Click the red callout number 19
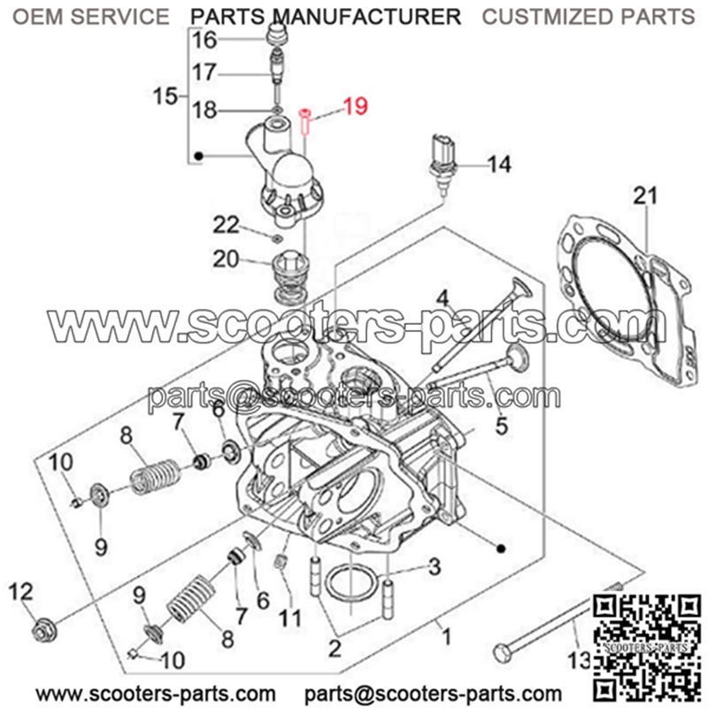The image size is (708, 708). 356,106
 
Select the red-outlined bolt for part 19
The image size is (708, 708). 304,121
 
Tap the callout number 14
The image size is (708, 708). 499,165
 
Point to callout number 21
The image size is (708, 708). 645,196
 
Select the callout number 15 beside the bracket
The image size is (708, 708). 165,96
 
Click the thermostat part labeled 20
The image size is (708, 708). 290,276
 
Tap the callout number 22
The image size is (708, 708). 227,225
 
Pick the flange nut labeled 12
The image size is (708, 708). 45,629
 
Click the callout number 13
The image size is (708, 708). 580,660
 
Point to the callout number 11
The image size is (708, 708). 289,618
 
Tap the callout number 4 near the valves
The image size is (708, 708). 442,298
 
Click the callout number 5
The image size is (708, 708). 502,426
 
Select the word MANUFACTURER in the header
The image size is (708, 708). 368,17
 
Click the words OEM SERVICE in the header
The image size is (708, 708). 91,17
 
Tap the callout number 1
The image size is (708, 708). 446,637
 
